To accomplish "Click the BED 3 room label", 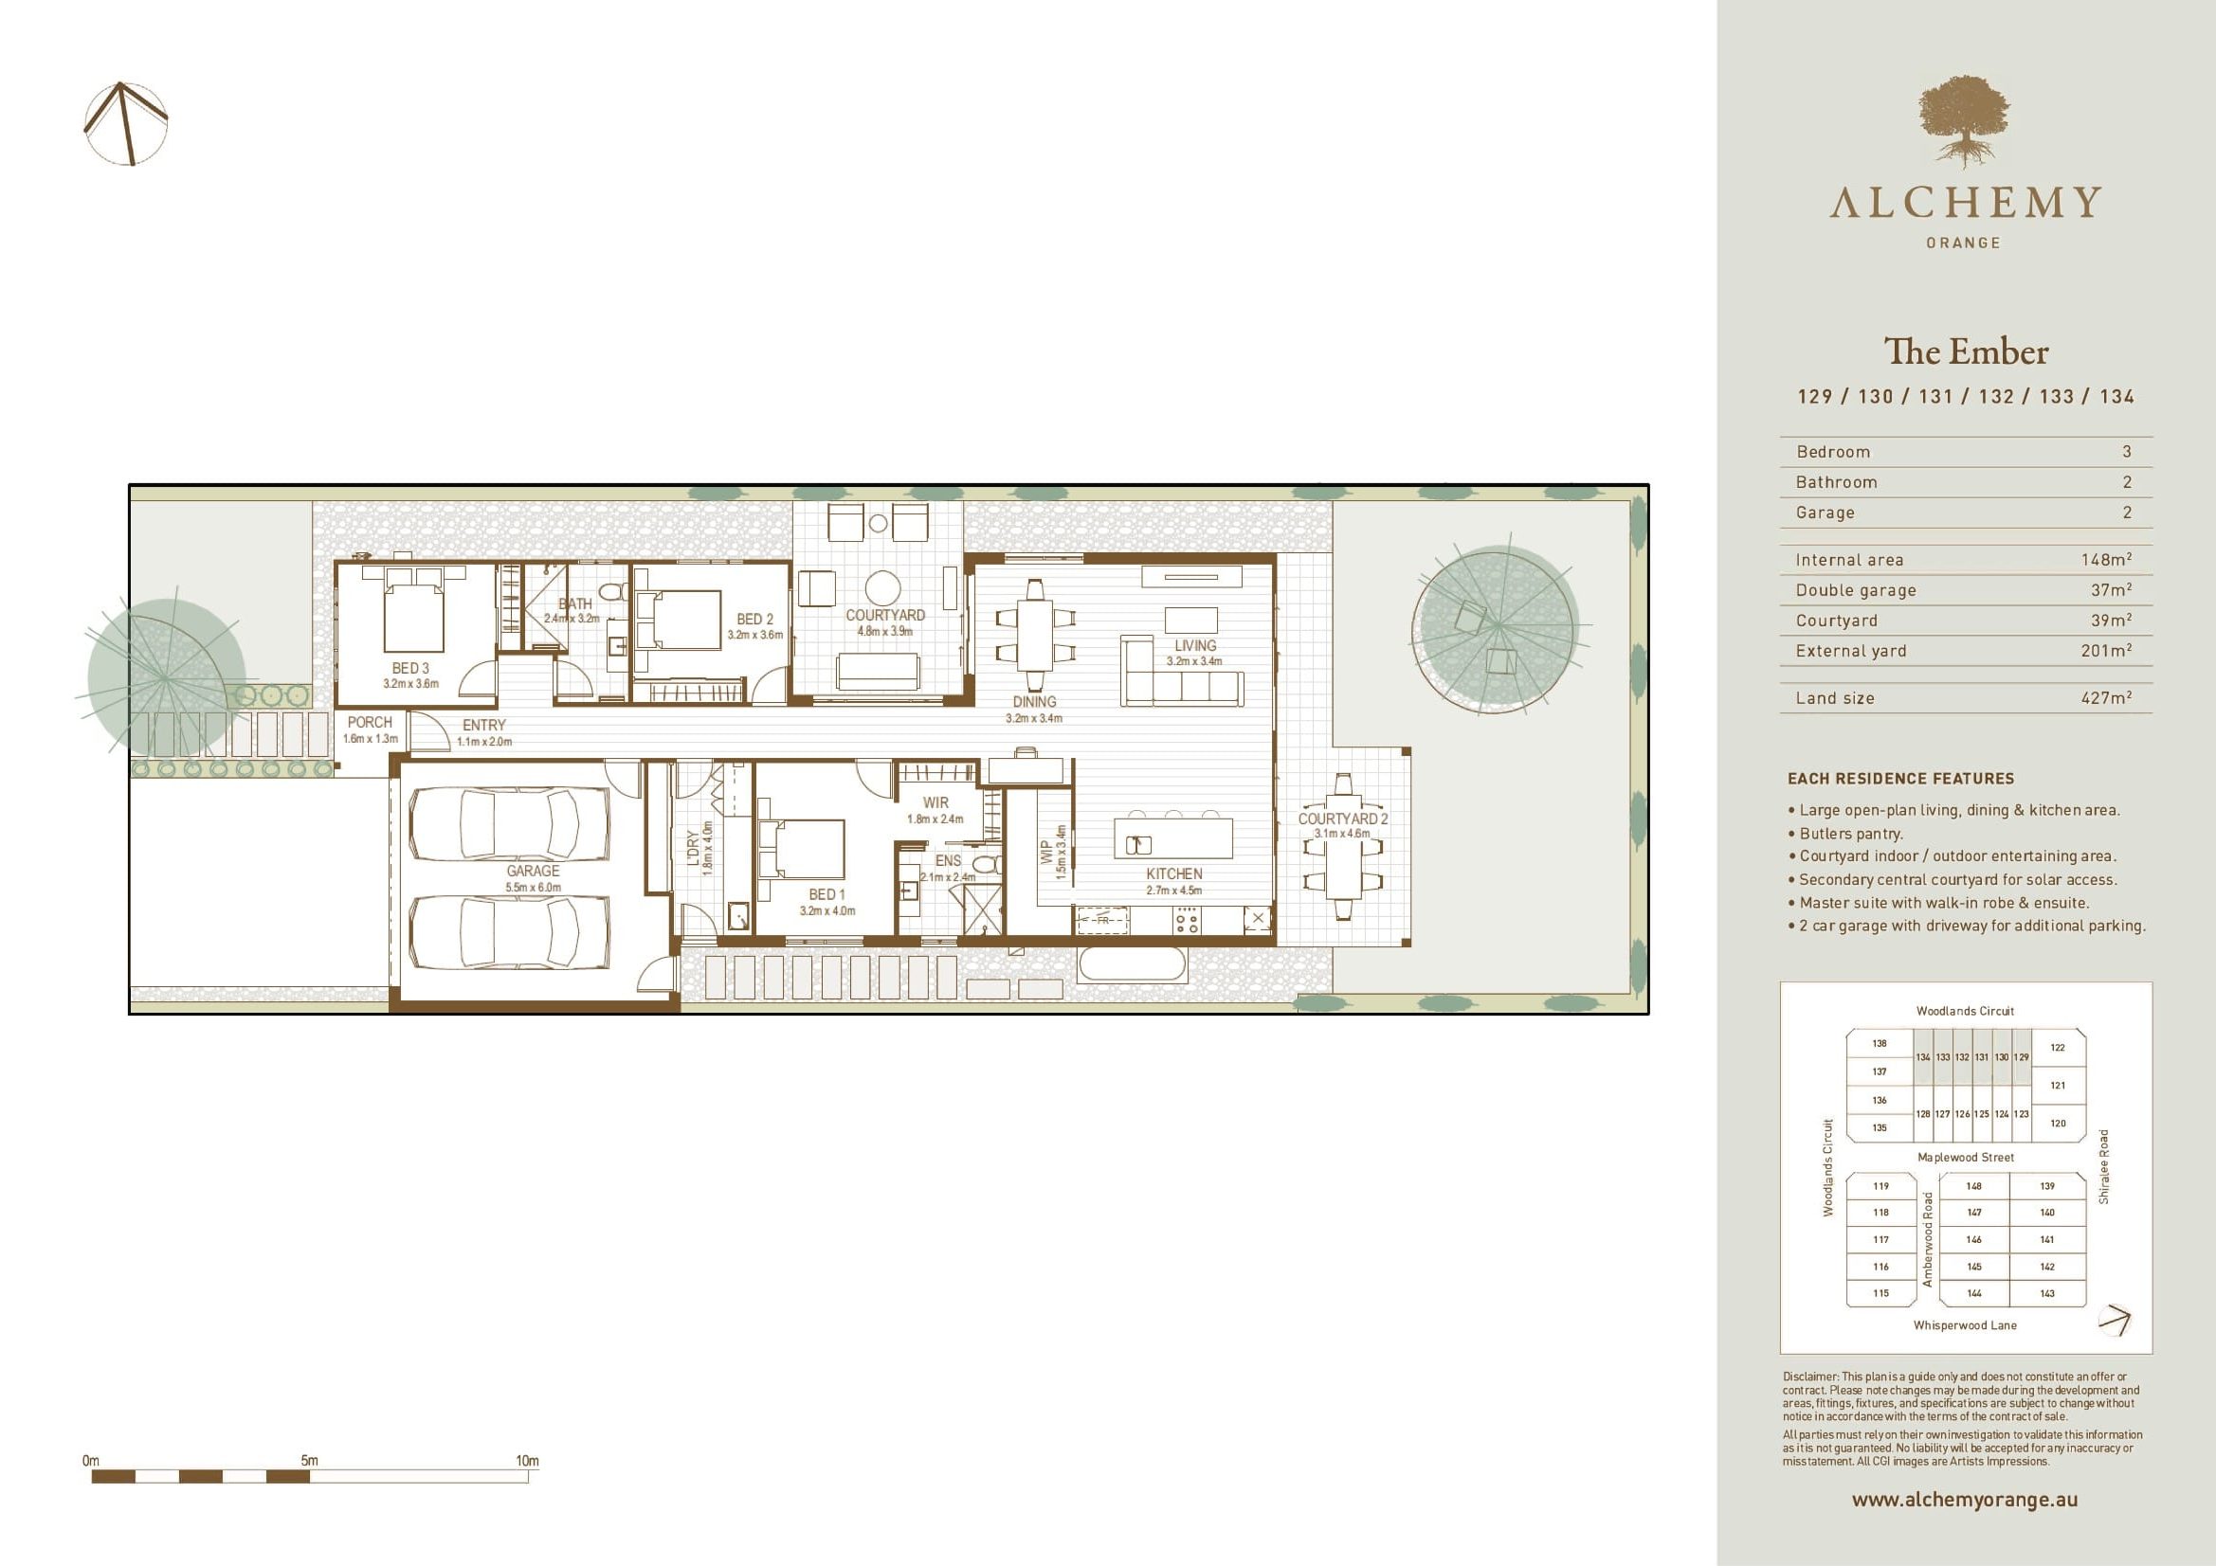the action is click(410, 668).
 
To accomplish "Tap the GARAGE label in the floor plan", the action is click(533, 871).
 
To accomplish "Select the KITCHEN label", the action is click(1173, 874).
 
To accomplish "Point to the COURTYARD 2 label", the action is click(1342, 819).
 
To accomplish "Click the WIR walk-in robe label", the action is click(935, 802).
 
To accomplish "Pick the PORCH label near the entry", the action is click(370, 722).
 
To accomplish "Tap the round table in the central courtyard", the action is click(882, 587).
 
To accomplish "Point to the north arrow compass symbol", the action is click(126, 123).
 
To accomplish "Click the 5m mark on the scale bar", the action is click(309, 1461).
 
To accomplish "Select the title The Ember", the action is click(1966, 352).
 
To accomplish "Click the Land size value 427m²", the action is click(2106, 697).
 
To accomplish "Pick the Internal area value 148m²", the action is click(2106, 560).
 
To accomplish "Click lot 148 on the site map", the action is click(1973, 1186).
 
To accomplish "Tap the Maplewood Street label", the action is click(1965, 1157).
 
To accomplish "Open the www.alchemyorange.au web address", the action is click(1964, 1500).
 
